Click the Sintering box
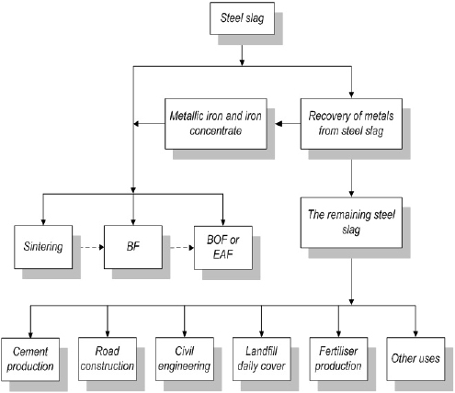pyautogui.click(x=45, y=247)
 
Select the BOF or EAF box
pyautogui.click(x=224, y=247)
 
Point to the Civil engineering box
pyautogui.click(x=185, y=359)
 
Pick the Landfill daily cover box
pyautogui.click(x=261, y=359)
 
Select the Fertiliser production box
pyautogui.click(x=337, y=359)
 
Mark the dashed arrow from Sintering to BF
pyautogui.click(x=89, y=247)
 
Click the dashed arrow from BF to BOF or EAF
pyautogui.click(x=176, y=247)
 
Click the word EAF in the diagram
pyautogui.click(x=224, y=253)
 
